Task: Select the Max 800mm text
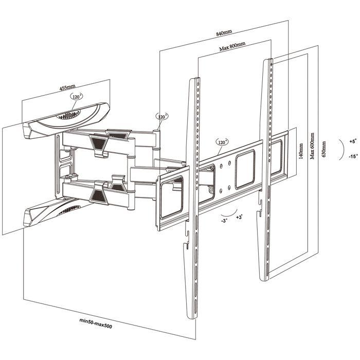coord(232,48)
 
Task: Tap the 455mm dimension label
coord(67,88)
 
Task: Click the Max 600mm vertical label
coord(312,145)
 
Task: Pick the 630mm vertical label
coord(323,149)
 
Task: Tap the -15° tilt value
coord(352,156)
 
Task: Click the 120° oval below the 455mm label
coord(77,97)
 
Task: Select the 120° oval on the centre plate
coord(222,142)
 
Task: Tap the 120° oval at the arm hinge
coord(163,117)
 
